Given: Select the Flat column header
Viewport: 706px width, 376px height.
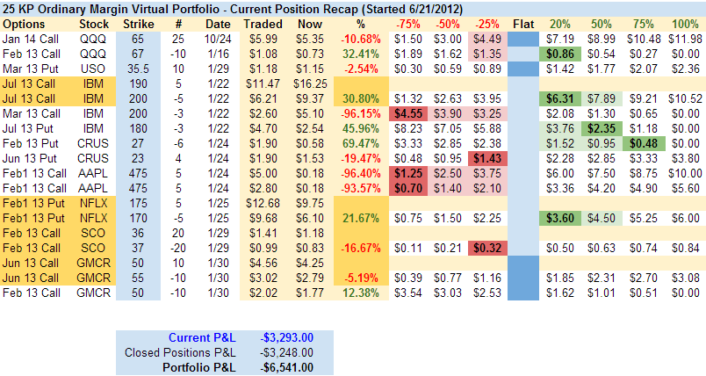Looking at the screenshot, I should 525,23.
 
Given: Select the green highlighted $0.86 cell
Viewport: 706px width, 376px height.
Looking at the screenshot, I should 562,54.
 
